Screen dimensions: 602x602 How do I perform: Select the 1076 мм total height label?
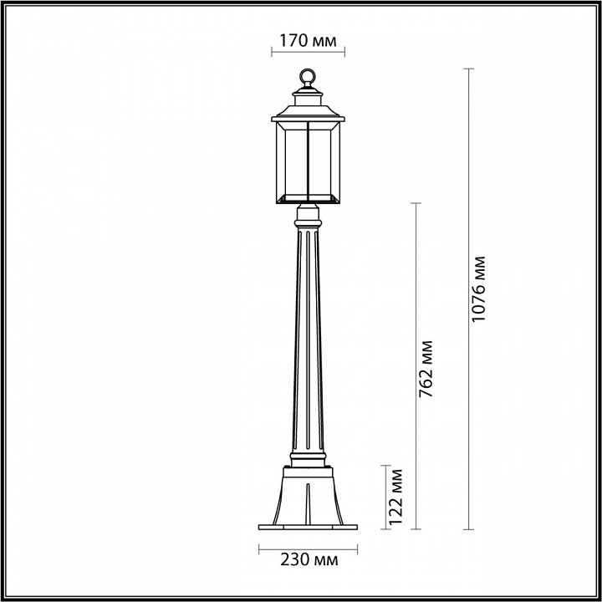(x=477, y=299)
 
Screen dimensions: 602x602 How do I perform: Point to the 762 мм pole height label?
(x=427, y=367)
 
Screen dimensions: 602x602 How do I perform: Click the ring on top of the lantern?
(x=307, y=78)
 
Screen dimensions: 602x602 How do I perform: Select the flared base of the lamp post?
(x=307, y=497)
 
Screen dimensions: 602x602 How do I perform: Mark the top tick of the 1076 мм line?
(x=468, y=69)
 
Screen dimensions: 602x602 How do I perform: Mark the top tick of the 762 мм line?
(x=416, y=203)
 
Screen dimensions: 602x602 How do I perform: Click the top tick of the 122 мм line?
(x=385, y=465)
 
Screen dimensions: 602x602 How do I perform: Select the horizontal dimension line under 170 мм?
(x=308, y=52)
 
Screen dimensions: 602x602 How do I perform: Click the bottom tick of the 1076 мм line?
(x=468, y=529)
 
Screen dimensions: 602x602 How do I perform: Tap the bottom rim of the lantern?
(x=307, y=200)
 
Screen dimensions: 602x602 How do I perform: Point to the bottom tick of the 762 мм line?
(x=416, y=529)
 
